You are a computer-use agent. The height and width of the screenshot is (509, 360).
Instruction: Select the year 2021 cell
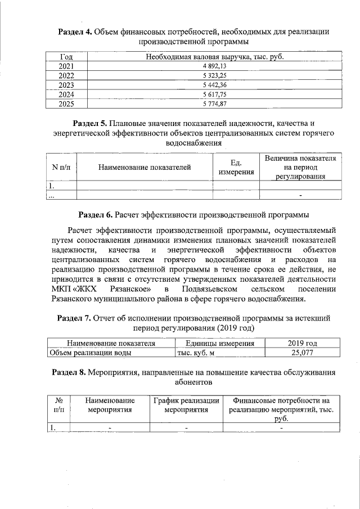pos(66,66)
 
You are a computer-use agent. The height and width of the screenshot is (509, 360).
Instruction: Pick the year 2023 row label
pos(66,85)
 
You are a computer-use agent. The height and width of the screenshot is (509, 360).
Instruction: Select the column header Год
pos(66,57)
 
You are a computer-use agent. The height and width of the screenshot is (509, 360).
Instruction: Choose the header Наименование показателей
pos(145,167)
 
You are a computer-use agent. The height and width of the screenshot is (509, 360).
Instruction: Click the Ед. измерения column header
pos(236,167)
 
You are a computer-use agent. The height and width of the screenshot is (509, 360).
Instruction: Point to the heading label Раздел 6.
pos(95,215)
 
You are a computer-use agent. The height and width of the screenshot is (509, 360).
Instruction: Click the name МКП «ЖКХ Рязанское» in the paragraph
pos(103,289)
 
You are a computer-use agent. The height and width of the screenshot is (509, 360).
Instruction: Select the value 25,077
pos(301,353)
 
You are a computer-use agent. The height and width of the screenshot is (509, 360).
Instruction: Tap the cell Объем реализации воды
pos(91,353)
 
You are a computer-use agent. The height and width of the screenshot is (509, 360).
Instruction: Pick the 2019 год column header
pos(301,343)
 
